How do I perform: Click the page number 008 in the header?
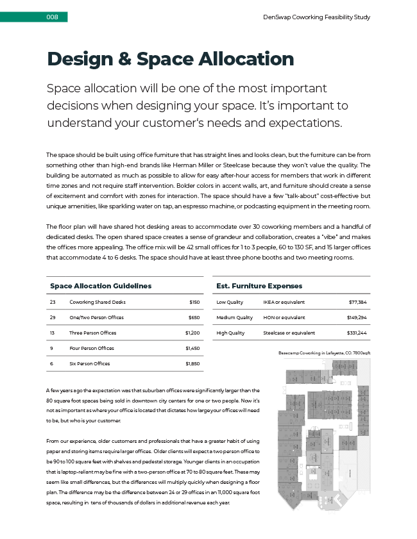tap(53, 17)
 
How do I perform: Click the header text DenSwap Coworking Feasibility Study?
tap(316, 17)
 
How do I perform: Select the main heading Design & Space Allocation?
tap(170, 59)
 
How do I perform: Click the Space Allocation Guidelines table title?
tap(101, 285)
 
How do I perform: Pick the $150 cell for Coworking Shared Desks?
tap(194, 302)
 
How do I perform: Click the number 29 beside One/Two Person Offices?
tap(53, 317)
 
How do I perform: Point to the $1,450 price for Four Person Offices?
tap(192, 348)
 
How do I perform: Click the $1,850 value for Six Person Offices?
tap(192, 363)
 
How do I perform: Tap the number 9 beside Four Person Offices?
tap(51, 348)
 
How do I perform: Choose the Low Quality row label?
tap(230, 302)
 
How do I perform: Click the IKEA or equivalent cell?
tap(284, 302)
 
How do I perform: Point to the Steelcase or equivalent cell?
tap(289, 333)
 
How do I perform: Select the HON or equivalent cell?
tap(284, 317)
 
